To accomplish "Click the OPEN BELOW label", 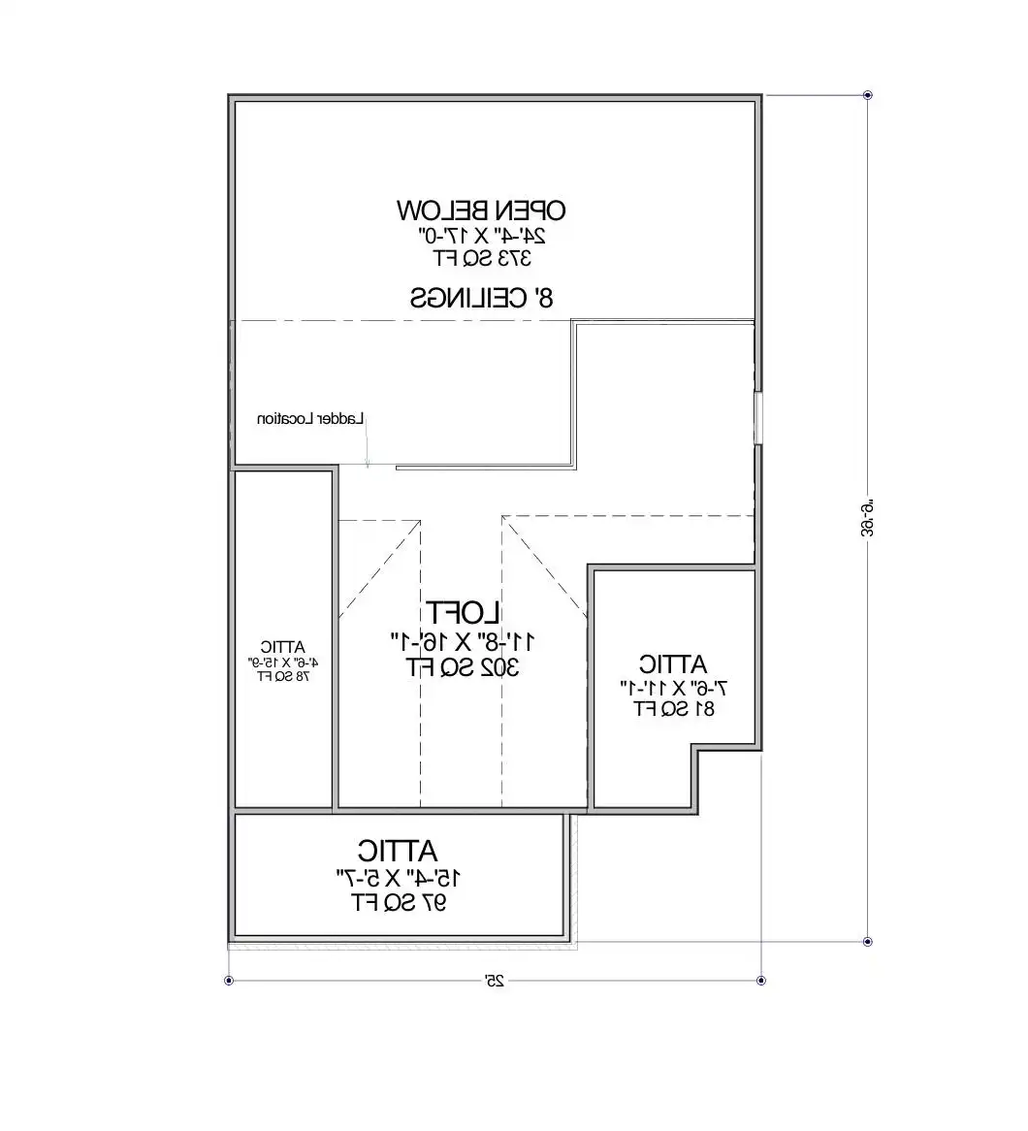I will click(x=481, y=210).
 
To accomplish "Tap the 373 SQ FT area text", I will click(x=482, y=258).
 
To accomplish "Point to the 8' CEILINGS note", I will click(x=481, y=297).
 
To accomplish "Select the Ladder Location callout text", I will click(x=310, y=419).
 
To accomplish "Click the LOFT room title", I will click(x=463, y=613).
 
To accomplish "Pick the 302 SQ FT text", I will click(x=462, y=667).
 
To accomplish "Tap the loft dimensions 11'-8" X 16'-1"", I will click(x=463, y=641).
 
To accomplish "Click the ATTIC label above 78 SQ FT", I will click(x=283, y=646).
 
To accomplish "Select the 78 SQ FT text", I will click(x=283, y=676).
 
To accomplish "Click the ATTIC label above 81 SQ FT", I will click(x=673, y=665).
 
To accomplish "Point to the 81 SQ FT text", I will click(x=674, y=708).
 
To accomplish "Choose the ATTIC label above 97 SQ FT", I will click(x=398, y=852).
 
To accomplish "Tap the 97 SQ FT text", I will click(x=399, y=903).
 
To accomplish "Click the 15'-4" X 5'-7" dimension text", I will click(x=399, y=879).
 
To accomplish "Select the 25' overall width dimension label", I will click(x=495, y=982).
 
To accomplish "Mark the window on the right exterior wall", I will click(x=758, y=418).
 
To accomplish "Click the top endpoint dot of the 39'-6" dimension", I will click(x=868, y=96).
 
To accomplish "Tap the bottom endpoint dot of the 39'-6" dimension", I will click(x=868, y=942).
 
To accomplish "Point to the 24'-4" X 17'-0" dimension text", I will click(x=482, y=235).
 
